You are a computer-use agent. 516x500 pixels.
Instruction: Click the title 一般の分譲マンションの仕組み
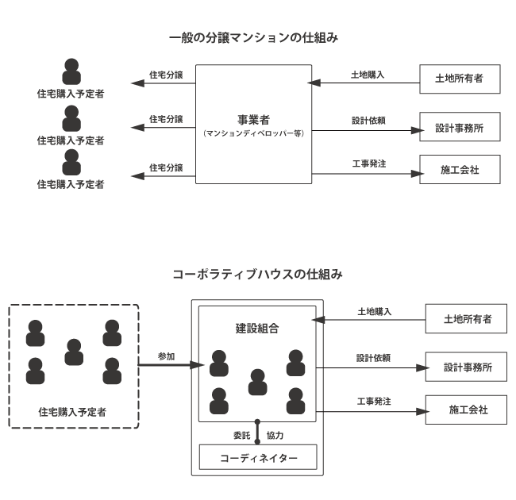pyautogui.click(x=259, y=37)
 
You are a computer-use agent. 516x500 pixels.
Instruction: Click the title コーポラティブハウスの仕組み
pyautogui.click(x=258, y=275)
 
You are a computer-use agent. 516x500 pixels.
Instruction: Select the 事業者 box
pyautogui.click(x=254, y=125)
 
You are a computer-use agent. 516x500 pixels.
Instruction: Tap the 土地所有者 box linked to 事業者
pyautogui.click(x=460, y=79)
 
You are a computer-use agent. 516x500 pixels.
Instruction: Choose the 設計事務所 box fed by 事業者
pyautogui.click(x=460, y=127)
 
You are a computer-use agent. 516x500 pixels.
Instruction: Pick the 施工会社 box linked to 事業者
pyautogui.click(x=460, y=170)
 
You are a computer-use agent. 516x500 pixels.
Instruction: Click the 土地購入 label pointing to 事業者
pyautogui.click(x=368, y=75)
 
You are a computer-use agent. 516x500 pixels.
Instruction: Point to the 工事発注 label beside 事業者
pyautogui.click(x=368, y=163)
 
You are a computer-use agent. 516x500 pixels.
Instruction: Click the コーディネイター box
pyautogui.click(x=257, y=457)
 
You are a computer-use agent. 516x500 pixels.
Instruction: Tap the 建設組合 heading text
pyautogui.click(x=257, y=327)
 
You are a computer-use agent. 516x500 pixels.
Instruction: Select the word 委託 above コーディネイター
pyautogui.click(x=241, y=435)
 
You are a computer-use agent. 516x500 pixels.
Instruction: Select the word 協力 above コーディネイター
pyautogui.click(x=275, y=435)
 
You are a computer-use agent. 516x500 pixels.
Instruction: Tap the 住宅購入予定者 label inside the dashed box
pyautogui.click(x=72, y=411)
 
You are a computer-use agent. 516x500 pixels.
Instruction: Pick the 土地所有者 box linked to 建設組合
pyautogui.click(x=466, y=318)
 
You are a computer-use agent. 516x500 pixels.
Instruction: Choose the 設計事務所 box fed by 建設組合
pyautogui.click(x=466, y=367)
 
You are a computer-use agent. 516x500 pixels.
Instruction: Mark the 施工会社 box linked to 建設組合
pyautogui.click(x=466, y=410)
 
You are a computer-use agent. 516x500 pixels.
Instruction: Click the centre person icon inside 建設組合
pyautogui.click(x=257, y=382)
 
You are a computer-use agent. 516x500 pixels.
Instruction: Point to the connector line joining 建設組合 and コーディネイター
pyautogui.click(x=257, y=433)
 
